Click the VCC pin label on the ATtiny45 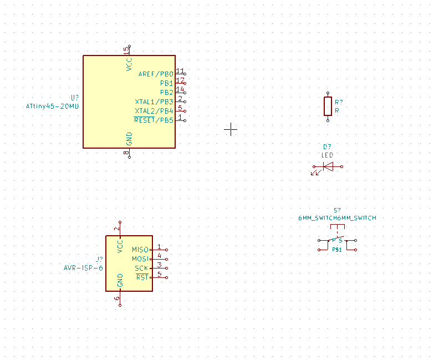pyautogui.click(x=129, y=64)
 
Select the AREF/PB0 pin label pyautogui.click(x=156, y=74)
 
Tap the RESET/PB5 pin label pyautogui.click(x=154, y=120)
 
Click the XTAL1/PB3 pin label pyautogui.click(x=154, y=102)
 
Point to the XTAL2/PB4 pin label pyautogui.click(x=154, y=111)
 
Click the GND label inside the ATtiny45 pyautogui.click(x=129, y=138)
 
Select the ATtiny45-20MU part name pyautogui.click(x=52, y=106)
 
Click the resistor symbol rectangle pyautogui.click(x=328, y=106)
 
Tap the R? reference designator pyautogui.click(x=339, y=102)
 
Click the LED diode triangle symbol pyautogui.click(x=328, y=166)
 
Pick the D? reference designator pyautogui.click(x=327, y=146)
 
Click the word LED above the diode pyautogui.click(x=328, y=155)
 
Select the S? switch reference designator pyautogui.click(x=337, y=210)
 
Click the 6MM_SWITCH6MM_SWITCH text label pyautogui.click(x=337, y=218)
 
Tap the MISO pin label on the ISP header pyautogui.click(x=140, y=250)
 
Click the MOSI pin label pyautogui.click(x=140, y=259)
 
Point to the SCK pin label pyautogui.click(x=141, y=268)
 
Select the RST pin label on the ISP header pyautogui.click(x=142, y=277)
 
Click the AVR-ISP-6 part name pyautogui.click(x=83, y=268)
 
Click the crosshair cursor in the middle pyautogui.click(x=231, y=129)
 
